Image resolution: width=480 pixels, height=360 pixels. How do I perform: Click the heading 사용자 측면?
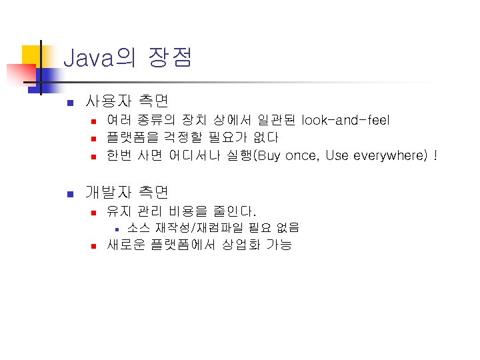[127, 102]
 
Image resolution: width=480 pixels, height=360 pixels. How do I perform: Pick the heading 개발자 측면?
[127, 193]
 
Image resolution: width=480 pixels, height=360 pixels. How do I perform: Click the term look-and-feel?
[345, 120]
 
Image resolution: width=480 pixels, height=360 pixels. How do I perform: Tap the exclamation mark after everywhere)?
[435, 156]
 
